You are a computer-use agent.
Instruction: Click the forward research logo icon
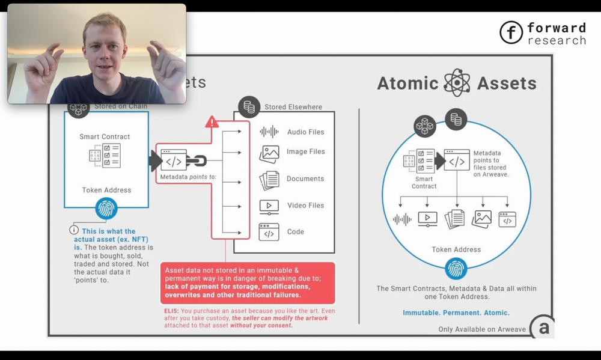(x=511, y=33)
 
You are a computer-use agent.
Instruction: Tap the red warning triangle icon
(x=212, y=122)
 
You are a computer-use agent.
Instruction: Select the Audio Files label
(x=305, y=132)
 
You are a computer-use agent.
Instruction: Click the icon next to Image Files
(x=269, y=154)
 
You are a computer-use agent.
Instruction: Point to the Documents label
(x=305, y=178)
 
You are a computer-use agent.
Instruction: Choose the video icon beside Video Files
(x=269, y=206)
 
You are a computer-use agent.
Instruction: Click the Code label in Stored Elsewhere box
(x=295, y=231)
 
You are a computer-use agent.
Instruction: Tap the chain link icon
(x=196, y=161)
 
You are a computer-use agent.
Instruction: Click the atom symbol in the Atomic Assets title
(x=457, y=83)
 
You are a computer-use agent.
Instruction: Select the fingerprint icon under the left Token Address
(x=106, y=209)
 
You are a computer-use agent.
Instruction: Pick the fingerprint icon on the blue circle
(x=456, y=269)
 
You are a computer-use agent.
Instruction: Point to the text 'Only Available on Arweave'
(x=482, y=329)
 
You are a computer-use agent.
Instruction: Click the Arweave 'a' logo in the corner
(x=544, y=328)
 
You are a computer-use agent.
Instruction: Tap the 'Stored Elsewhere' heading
(x=293, y=107)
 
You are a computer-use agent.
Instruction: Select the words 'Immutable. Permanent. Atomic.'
(x=456, y=313)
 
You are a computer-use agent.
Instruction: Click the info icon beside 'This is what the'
(x=74, y=230)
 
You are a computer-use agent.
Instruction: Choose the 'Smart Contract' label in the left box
(x=105, y=136)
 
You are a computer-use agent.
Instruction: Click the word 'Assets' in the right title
(x=507, y=84)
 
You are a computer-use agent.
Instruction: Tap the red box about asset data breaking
(x=247, y=282)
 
